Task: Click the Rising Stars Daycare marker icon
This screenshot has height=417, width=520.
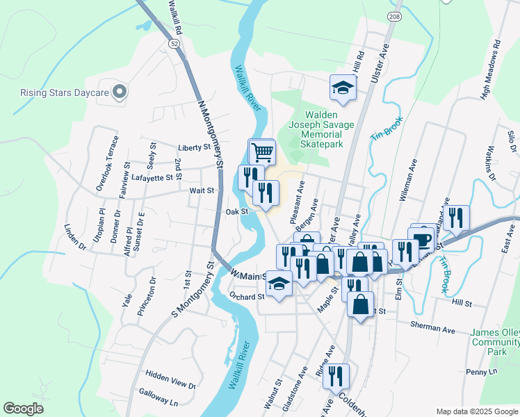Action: [120, 92]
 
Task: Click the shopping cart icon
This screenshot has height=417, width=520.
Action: [262, 151]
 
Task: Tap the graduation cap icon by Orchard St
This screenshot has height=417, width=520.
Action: [279, 284]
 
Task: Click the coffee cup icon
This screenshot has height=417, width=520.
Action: [422, 240]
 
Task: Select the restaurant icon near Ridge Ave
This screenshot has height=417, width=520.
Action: [336, 376]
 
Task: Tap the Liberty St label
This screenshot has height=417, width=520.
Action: [194, 147]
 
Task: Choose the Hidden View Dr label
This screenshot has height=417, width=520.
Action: [170, 384]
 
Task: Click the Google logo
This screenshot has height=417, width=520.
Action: [23, 409]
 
